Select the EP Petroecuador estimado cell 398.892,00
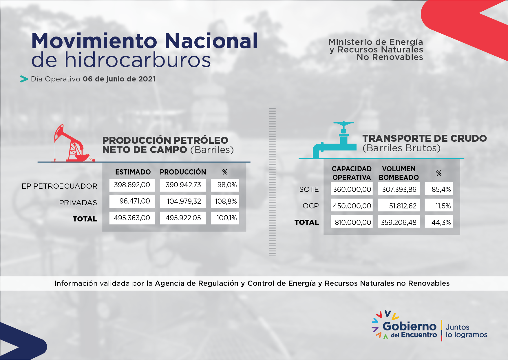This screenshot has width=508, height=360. click(132, 185)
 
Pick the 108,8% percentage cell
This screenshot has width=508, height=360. click(225, 201)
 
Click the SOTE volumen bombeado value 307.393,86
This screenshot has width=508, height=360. click(399, 189)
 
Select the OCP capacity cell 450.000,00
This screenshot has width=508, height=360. click(352, 206)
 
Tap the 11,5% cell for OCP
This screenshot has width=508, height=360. click(439, 206)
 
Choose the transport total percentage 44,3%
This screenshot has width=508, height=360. click(439, 222)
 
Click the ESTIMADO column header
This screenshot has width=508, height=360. click(133, 172)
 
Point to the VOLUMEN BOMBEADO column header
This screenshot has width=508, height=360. click(399, 173)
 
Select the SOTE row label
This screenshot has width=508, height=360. click(309, 189)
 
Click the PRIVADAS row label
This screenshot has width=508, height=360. click(78, 203)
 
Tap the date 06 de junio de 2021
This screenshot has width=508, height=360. click(119, 79)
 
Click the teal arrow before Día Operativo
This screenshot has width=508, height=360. click(24, 79)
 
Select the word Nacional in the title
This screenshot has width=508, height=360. click(211, 41)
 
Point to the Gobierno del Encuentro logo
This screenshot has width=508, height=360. click(404, 325)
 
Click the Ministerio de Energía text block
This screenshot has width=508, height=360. click(376, 50)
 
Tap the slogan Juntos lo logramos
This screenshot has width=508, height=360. click(467, 331)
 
